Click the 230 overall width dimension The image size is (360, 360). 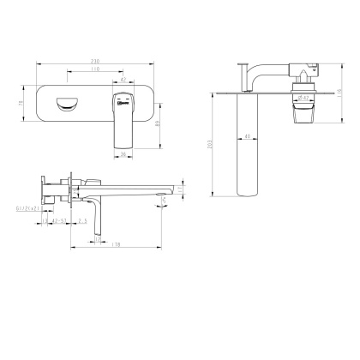(x=93, y=62)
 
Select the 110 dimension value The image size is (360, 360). (x=93, y=69)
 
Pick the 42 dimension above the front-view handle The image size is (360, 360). (x=123, y=79)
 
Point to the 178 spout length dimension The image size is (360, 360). (x=115, y=245)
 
